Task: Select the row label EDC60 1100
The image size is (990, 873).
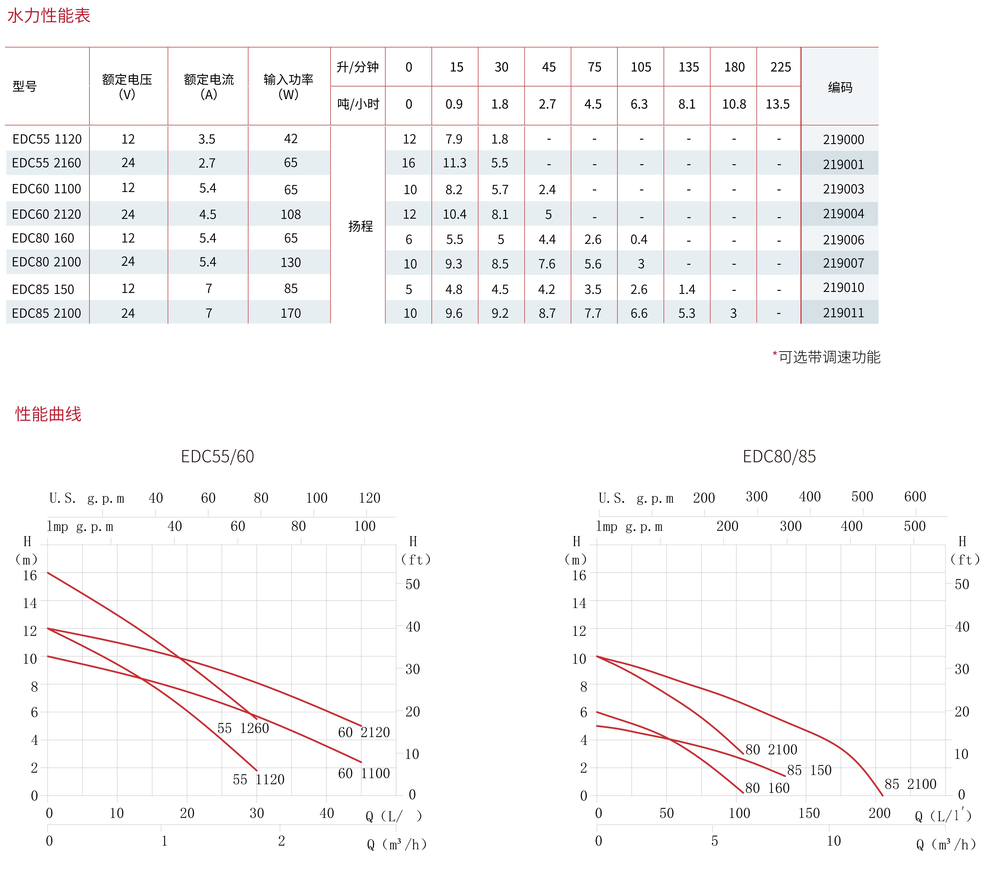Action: click(x=47, y=189)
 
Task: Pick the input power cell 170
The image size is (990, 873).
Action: click(x=291, y=313)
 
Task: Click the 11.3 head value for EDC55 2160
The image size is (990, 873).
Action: click(x=454, y=163)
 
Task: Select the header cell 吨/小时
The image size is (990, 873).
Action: click(x=358, y=104)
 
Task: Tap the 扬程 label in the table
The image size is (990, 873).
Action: click(x=360, y=226)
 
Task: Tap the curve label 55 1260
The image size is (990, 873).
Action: click(x=243, y=728)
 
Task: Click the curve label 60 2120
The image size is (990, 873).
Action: click(x=364, y=732)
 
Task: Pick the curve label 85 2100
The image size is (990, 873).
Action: click(x=910, y=784)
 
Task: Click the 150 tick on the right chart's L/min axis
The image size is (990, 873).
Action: click(x=809, y=813)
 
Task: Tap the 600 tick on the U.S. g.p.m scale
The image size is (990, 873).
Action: click(x=915, y=496)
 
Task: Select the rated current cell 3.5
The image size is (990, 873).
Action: click(x=207, y=139)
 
